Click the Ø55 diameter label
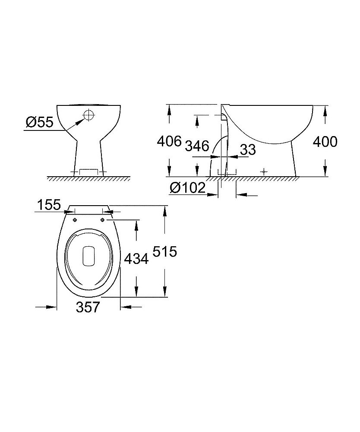tap(39, 122)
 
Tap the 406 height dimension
tap(169, 142)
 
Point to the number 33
tap(248, 150)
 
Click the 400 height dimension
tap(324, 142)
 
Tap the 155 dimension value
tap(48, 205)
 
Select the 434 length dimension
tap(136, 258)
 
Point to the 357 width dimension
tap(88, 307)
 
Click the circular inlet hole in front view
tap(88, 115)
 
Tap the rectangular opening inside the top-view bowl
tap(88, 255)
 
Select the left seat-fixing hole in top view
tap(75, 220)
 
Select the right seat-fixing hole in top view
tap(103, 220)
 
